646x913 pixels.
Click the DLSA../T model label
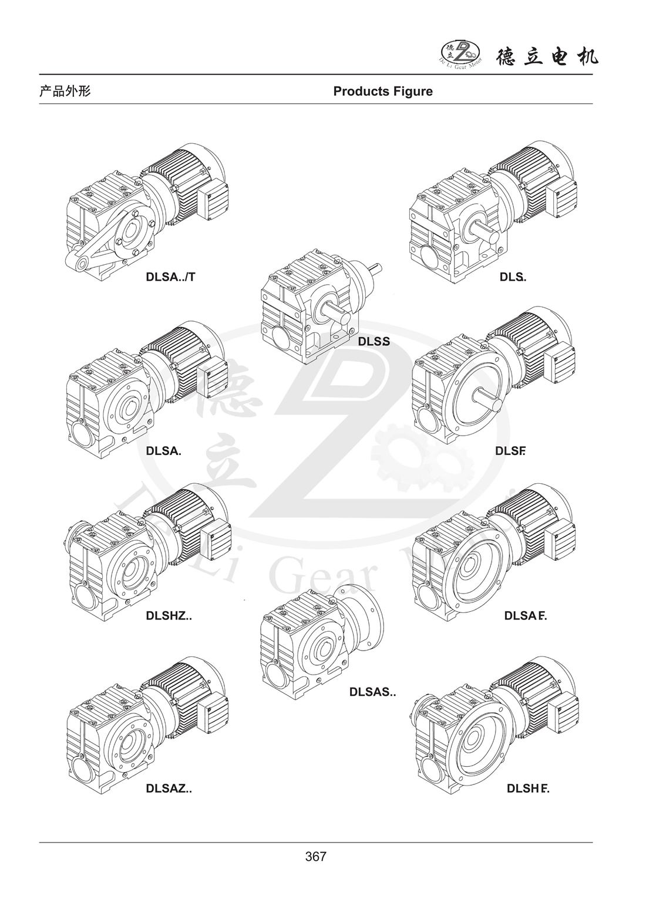(170, 277)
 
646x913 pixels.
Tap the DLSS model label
(374, 342)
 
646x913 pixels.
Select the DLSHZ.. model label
(169, 615)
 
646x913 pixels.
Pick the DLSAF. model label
(526, 616)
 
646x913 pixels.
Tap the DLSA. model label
(163, 451)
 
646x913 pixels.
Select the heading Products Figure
(383, 92)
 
